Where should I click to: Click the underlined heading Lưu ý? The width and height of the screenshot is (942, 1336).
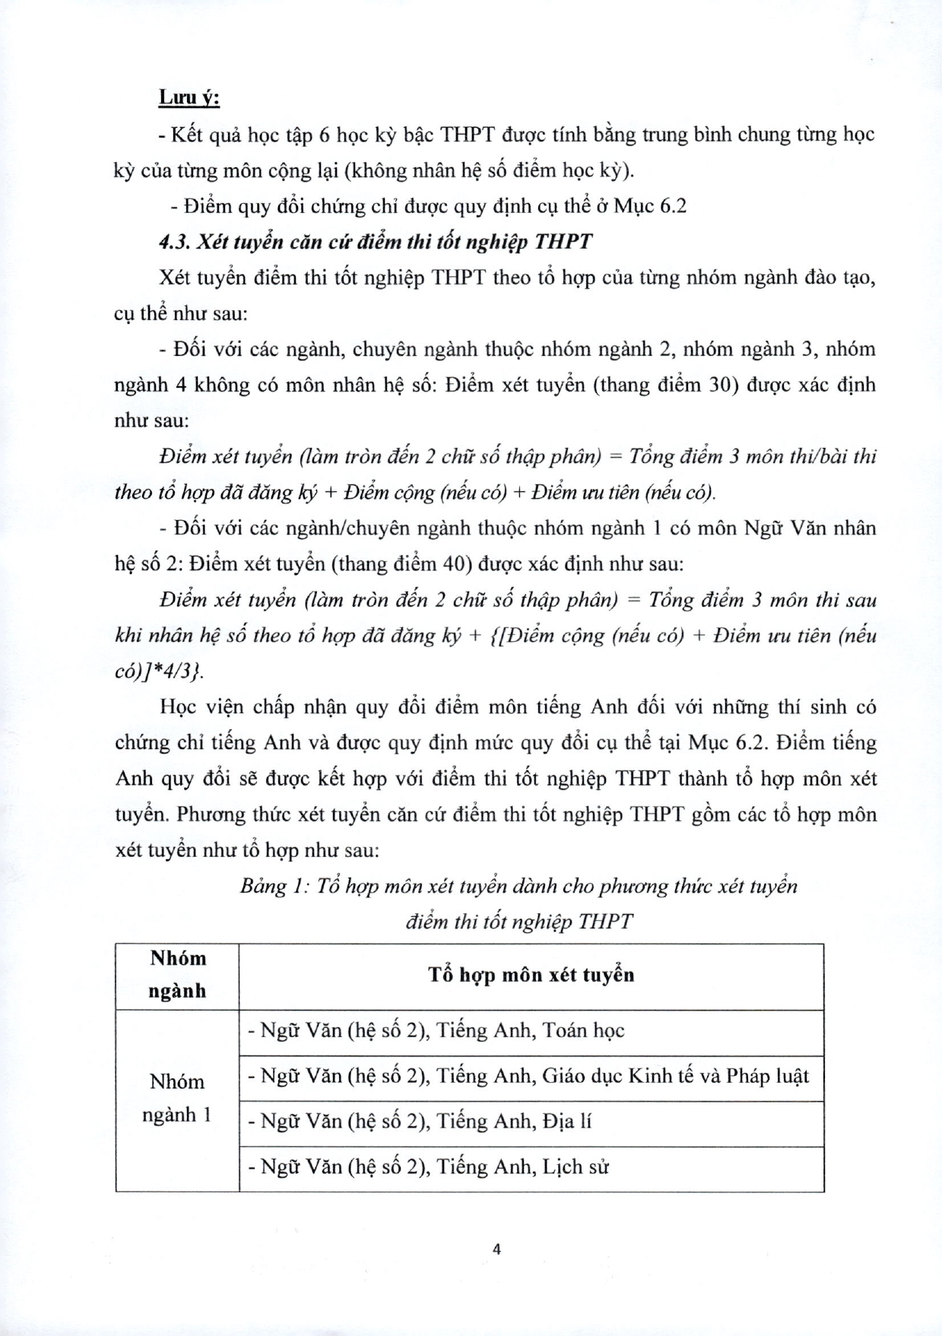coord(189,98)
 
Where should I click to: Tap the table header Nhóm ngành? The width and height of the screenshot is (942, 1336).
coord(178,975)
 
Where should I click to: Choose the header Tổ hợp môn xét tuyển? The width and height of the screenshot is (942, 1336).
coord(531,975)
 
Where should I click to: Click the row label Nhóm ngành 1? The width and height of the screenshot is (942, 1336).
coord(177,1098)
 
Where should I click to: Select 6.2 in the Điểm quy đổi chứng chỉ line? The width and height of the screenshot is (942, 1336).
coord(671,206)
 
